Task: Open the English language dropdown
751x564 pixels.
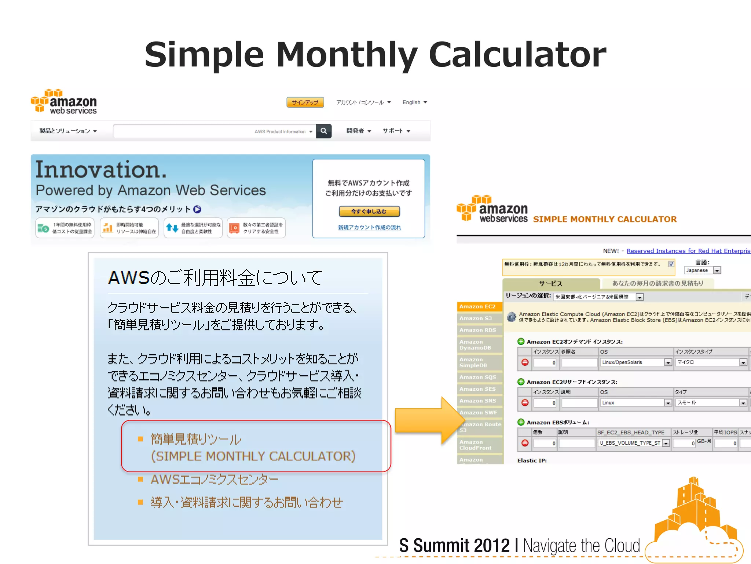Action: pos(414,102)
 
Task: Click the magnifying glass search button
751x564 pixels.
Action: pos(324,131)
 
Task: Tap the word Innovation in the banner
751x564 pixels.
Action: pos(101,170)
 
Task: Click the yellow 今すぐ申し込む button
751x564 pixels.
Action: pos(369,211)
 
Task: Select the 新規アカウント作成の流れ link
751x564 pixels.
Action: pos(369,228)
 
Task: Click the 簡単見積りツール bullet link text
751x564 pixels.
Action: pos(196,439)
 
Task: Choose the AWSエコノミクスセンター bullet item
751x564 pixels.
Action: pos(215,480)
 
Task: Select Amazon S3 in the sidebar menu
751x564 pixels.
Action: pos(476,318)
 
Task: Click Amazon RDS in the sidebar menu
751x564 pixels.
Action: pos(477,330)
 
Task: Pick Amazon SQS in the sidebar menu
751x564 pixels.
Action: pos(477,377)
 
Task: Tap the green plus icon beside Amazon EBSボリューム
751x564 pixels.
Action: pos(521,422)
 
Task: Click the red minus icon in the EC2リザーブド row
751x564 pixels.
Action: pos(525,403)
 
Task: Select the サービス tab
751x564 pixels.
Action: pos(550,283)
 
